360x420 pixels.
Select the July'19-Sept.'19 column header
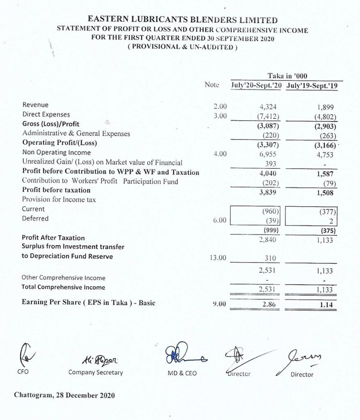[x=312, y=87]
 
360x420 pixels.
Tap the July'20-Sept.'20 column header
[x=257, y=87]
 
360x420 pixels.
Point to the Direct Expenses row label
[x=46, y=114]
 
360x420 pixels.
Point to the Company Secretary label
[x=96, y=373]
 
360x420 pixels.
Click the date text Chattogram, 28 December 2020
[x=65, y=395]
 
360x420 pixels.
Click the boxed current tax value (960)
[x=270, y=212]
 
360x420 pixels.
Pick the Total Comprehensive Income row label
[x=63, y=287]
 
